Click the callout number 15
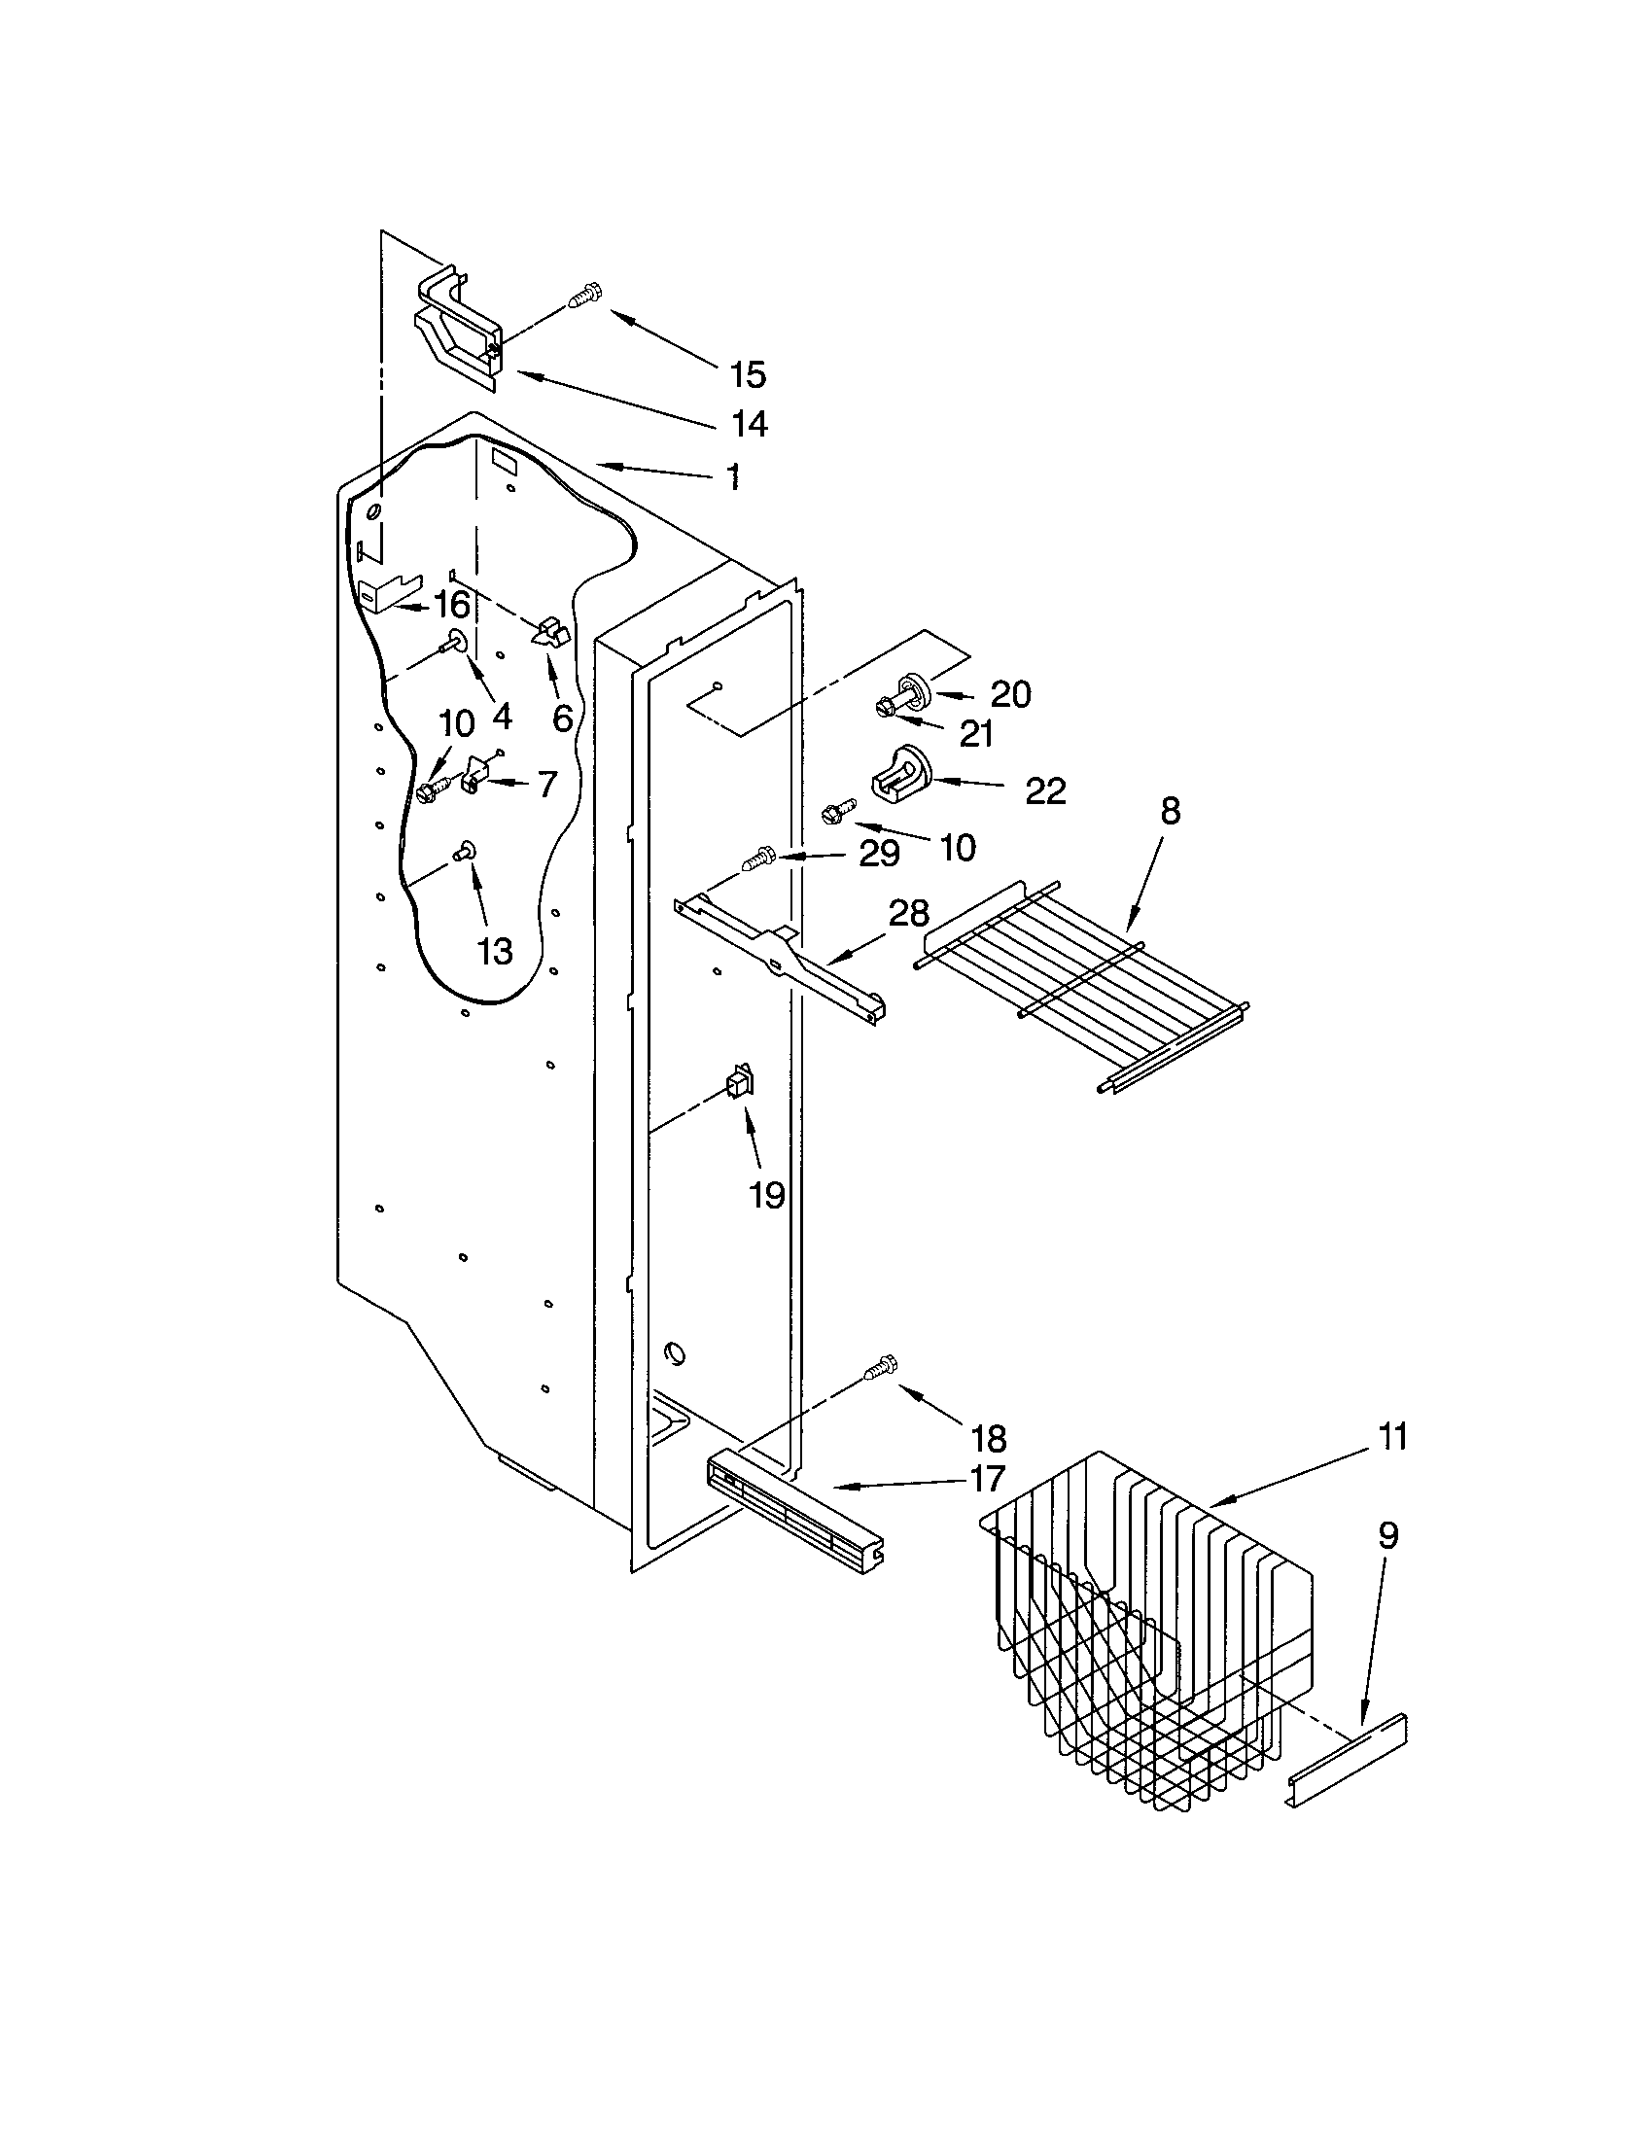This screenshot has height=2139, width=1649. [x=747, y=374]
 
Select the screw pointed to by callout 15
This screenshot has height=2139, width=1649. [x=585, y=295]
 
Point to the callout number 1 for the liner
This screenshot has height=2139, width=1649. [x=732, y=477]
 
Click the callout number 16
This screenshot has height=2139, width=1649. [x=451, y=605]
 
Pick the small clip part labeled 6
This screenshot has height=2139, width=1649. [x=550, y=634]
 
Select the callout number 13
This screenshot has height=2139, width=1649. [x=496, y=950]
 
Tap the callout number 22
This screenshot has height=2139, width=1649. [x=1045, y=790]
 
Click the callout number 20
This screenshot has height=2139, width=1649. [x=1010, y=694]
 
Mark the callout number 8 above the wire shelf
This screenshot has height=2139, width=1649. [x=1171, y=811]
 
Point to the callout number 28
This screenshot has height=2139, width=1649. [x=908, y=914]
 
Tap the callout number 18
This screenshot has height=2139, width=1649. [x=988, y=1439]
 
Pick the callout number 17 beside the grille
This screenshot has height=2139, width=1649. [x=988, y=1478]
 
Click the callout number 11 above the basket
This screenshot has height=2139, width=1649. [x=1391, y=1437]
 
